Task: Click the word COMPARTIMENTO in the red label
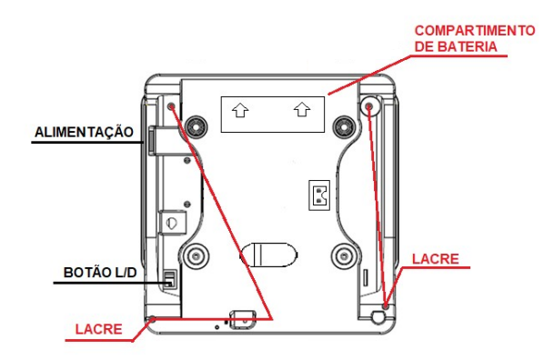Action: pos(475,31)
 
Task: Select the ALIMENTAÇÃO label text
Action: pos(84,132)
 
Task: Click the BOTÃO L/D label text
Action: pos(100,272)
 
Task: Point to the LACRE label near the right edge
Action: pos(436,259)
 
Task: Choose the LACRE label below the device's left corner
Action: pos(99,329)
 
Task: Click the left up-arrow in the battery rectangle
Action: pos(240,110)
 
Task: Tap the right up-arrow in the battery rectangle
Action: pos(302,110)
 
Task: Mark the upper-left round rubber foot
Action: pos(196,127)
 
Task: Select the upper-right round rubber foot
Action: pos(344,127)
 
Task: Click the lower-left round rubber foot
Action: pos(196,256)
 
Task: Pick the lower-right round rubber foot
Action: pos(344,256)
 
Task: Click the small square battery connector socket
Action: pos(319,195)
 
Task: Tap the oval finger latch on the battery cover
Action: pos(269,255)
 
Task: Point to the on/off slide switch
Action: pos(169,279)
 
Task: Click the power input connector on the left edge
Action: pos(152,141)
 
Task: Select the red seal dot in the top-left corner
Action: pos(171,106)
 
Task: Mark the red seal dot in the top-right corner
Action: pos(368,106)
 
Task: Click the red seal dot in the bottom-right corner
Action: pos(386,305)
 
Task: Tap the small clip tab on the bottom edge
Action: pos(243,319)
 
